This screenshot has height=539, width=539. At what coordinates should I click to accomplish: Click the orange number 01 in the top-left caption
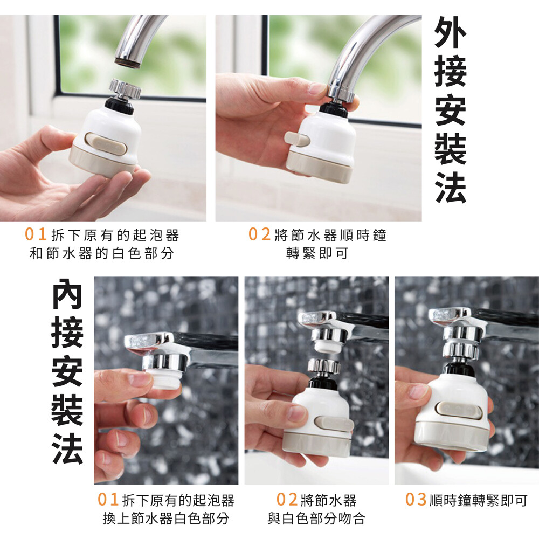(36, 234)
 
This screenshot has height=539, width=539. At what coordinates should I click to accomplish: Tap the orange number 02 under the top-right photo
(260, 234)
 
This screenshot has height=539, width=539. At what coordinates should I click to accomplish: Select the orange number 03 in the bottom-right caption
(416, 500)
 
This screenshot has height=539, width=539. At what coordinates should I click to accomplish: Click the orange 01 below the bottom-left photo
(108, 500)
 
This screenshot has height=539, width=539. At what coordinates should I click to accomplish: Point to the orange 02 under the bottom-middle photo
(287, 500)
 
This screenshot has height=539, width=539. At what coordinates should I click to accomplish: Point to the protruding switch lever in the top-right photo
(297, 138)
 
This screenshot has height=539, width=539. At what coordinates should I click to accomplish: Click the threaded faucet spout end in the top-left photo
(128, 63)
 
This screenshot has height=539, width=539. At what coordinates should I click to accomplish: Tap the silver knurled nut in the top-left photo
(125, 89)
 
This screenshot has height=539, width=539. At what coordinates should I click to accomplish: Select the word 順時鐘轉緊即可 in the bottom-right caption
(479, 500)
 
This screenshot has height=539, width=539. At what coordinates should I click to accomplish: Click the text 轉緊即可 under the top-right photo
(317, 253)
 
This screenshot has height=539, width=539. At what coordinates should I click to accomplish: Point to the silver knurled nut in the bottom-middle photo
(323, 366)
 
